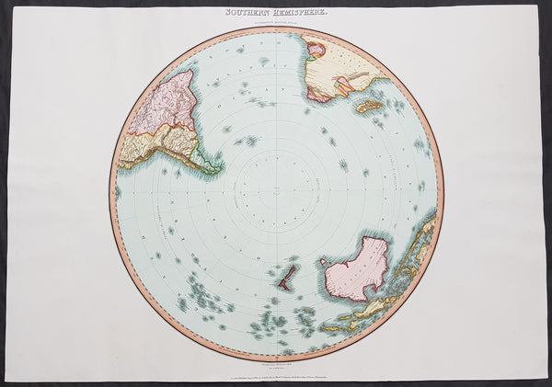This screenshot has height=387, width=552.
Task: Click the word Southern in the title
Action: coord(241,12)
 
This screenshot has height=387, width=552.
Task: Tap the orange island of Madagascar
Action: coord(368,107)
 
